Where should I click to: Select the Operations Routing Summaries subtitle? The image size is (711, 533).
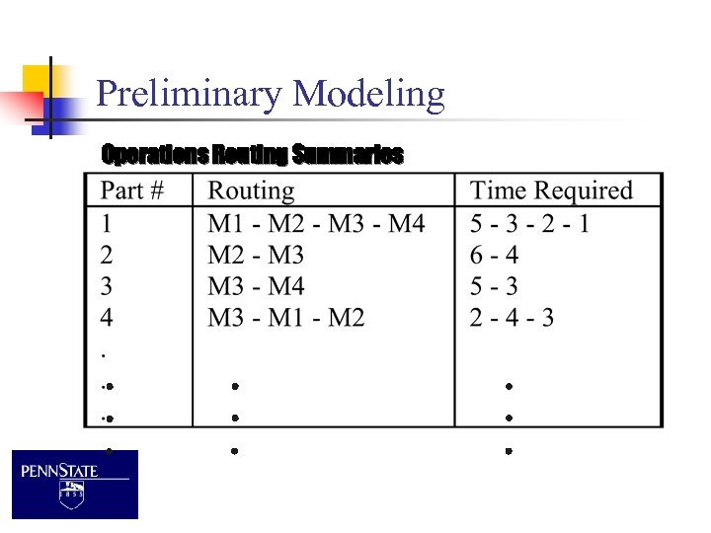click(252, 155)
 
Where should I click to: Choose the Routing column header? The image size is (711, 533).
click(251, 191)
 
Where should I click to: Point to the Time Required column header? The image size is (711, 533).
click(551, 191)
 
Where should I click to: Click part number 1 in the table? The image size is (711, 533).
click(107, 224)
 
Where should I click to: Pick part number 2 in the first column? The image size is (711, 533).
click(107, 256)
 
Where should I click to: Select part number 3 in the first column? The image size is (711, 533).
click(107, 287)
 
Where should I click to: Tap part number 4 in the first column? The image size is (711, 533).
click(107, 318)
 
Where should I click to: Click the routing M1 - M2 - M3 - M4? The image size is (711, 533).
click(316, 224)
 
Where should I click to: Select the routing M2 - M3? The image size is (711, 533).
click(256, 256)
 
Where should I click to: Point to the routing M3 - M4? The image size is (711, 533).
click(256, 287)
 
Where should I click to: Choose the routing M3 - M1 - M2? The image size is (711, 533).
click(286, 318)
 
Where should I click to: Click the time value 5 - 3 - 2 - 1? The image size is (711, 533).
click(529, 224)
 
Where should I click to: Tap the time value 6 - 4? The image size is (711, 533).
click(494, 256)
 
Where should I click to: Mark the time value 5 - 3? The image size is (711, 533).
click(494, 287)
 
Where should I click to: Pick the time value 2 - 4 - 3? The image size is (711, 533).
click(512, 318)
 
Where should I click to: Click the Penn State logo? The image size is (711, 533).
click(75, 484)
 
